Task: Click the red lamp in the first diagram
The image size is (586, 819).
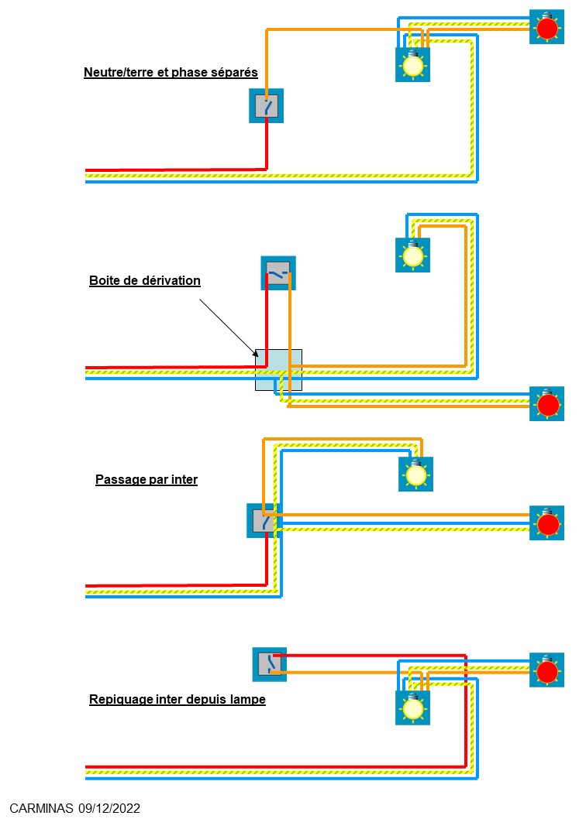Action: click(547, 28)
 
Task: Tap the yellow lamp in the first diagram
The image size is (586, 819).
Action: click(412, 66)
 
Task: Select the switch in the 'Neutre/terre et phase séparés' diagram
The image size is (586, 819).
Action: click(266, 105)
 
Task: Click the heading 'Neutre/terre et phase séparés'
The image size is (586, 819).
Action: click(171, 73)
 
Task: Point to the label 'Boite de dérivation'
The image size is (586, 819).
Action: click(145, 280)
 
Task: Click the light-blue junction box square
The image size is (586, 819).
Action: click(278, 370)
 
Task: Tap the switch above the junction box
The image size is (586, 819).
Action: click(278, 273)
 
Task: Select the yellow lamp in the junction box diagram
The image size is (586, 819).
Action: click(412, 255)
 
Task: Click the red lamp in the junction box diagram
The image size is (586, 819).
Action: click(548, 404)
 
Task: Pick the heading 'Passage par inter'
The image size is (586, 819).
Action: click(146, 479)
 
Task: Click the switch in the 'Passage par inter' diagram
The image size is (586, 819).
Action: click(264, 521)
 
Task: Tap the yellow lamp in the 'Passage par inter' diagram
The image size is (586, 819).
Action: click(416, 474)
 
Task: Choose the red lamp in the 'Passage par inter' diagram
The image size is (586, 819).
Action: click(547, 523)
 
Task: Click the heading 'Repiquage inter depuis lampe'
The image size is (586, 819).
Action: click(178, 699)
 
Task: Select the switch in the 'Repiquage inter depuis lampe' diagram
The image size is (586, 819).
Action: click(270, 664)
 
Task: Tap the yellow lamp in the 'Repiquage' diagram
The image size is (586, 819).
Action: click(412, 708)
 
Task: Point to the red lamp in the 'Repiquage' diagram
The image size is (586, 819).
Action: click(547, 670)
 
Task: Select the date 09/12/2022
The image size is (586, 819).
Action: click(109, 808)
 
